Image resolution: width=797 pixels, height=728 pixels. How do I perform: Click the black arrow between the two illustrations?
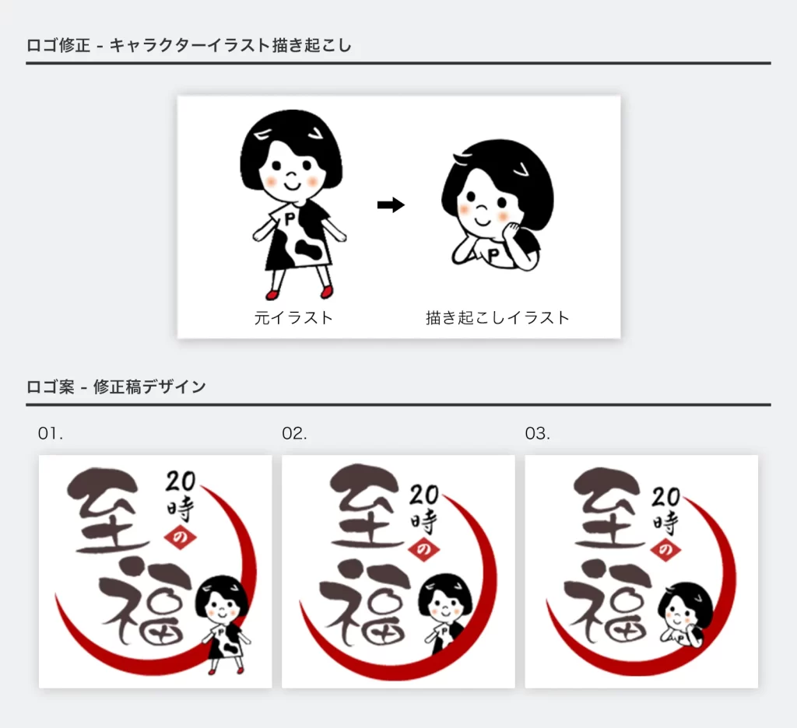click(x=391, y=205)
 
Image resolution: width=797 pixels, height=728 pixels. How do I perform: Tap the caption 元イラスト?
click(x=293, y=318)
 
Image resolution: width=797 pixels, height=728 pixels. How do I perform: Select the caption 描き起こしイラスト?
click(x=497, y=318)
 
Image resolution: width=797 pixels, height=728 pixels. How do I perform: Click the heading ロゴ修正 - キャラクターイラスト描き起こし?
click(x=189, y=45)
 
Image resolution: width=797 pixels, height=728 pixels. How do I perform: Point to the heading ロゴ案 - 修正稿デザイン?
click(x=117, y=387)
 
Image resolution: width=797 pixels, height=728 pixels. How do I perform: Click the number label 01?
click(x=51, y=433)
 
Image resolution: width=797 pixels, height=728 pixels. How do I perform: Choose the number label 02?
click(x=294, y=433)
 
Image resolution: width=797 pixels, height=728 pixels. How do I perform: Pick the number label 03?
click(x=537, y=433)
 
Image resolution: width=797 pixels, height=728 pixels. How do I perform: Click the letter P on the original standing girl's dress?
click(x=290, y=219)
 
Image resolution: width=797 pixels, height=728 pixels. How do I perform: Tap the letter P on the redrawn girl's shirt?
click(x=493, y=254)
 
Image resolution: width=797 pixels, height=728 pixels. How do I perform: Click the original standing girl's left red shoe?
click(x=272, y=294)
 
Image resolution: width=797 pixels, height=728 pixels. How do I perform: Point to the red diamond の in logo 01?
click(x=180, y=537)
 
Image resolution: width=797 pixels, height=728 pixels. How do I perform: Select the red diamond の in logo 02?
click(x=423, y=548)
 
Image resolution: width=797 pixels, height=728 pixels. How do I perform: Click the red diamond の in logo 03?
click(x=666, y=548)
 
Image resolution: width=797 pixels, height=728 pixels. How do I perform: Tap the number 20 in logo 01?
click(x=181, y=481)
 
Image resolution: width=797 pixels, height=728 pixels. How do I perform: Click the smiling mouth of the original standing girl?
click(x=293, y=184)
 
